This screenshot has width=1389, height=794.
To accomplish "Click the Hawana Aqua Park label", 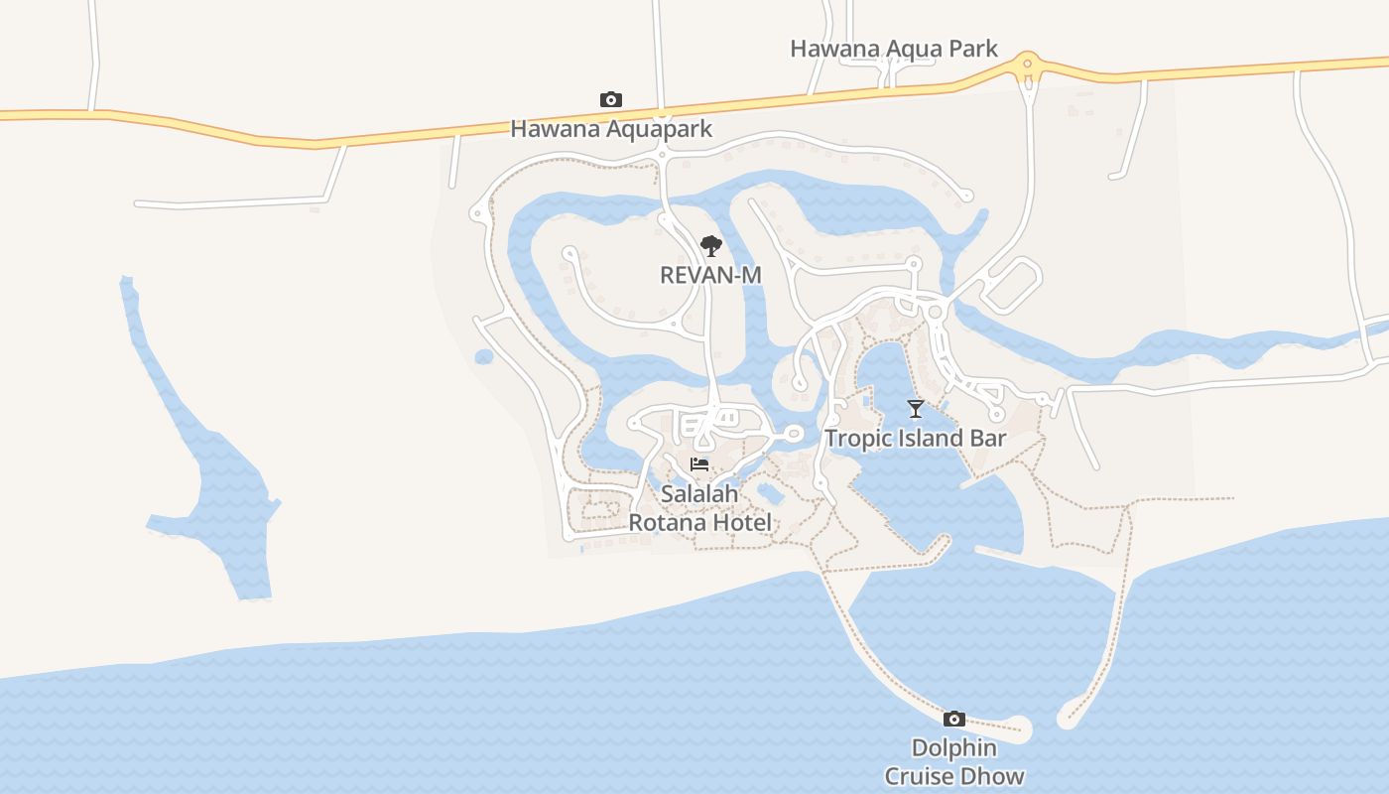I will [x=893, y=49].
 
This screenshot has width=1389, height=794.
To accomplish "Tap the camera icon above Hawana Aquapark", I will [x=611, y=99].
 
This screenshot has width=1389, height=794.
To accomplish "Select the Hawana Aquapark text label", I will [x=611, y=129].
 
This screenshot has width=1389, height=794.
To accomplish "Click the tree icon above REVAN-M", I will [x=710, y=245].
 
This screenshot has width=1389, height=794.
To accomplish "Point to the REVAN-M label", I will [x=710, y=274].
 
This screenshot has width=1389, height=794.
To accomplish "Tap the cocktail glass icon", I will [x=916, y=408].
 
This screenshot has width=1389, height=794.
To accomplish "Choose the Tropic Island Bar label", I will [x=916, y=438].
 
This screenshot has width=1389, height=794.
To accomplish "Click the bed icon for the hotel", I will [x=699, y=463].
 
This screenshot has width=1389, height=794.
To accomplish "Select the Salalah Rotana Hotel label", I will [x=700, y=507].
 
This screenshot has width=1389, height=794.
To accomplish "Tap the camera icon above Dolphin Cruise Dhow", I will [x=954, y=719].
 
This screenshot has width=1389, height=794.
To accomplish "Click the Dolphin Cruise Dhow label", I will [x=954, y=761].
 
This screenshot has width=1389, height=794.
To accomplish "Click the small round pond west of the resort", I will [x=484, y=356].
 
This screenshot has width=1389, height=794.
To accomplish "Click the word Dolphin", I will [x=954, y=747].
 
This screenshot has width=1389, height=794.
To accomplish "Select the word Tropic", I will [x=857, y=438].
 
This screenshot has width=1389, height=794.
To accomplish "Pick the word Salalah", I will [x=700, y=493].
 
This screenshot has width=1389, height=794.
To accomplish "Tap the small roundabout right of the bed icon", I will [x=793, y=434].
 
